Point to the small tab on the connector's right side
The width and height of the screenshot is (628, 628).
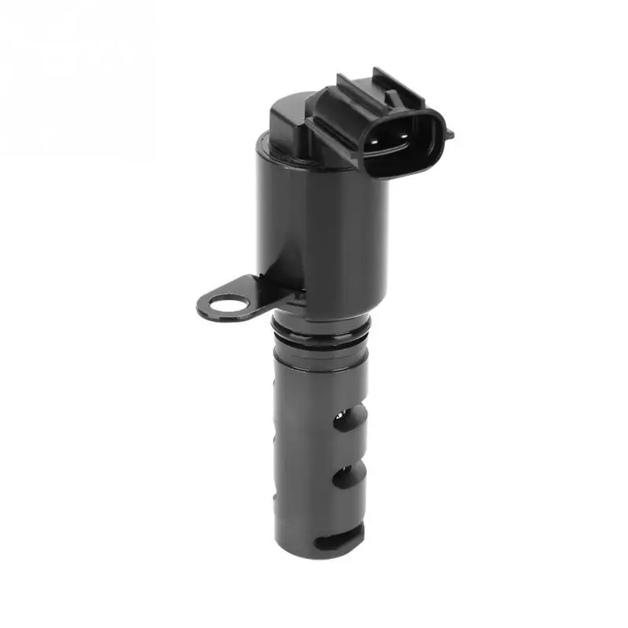coord(448,133)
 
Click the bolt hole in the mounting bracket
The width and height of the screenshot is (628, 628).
coord(228,303)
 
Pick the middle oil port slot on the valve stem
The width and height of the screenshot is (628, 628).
coord(349,476)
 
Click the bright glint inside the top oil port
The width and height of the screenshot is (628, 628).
coord(344,412)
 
